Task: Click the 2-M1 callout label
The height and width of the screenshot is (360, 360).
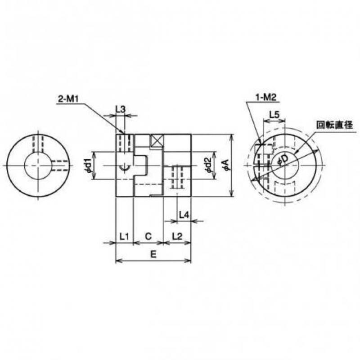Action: click(68, 99)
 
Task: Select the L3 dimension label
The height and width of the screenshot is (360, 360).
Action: click(121, 109)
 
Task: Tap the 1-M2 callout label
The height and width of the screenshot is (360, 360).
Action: click(265, 98)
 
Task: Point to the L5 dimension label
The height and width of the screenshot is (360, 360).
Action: click(274, 114)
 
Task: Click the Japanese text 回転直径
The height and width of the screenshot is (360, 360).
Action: click(334, 125)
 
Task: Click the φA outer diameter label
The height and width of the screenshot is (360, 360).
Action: click(226, 165)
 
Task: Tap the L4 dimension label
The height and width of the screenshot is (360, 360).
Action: click(184, 215)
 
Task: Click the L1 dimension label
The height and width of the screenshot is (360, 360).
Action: click(124, 236)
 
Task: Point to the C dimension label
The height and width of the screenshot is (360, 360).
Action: click(148, 236)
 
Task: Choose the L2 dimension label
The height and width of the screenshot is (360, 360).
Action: click(177, 236)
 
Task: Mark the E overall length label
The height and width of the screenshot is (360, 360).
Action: click(153, 254)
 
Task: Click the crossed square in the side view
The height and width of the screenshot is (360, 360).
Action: click(157, 141)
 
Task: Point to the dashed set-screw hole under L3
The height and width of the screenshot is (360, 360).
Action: click(125, 144)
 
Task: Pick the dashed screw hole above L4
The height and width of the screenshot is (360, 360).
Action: click(177, 177)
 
